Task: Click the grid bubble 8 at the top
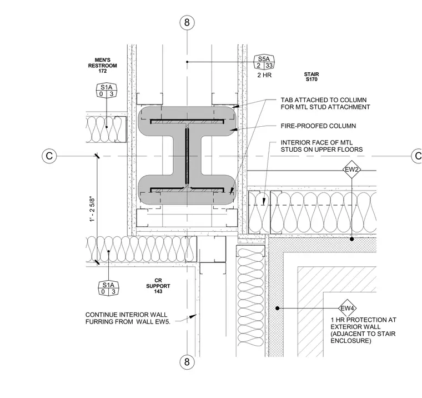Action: pyautogui.click(x=187, y=22)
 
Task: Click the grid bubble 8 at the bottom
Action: pyautogui.click(x=187, y=362)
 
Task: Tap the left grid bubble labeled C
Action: pyautogui.click(x=49, y=156)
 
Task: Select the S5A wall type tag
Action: pyautogui.click(x=264, y=62)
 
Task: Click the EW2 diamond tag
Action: pyautogui.click(x=351, y=170)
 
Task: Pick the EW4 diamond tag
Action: pyautogui.click(x=348, y=309)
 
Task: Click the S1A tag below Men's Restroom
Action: pyautogui.click(x=107, y=91)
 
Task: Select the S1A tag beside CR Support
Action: pyautogui.click(x=108, y=288)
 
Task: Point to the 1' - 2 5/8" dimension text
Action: pyautogui.click(x=92, y=210)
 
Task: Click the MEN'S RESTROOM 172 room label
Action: pyautogui.click(x=103, y=66)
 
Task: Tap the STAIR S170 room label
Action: pyautogui.click(x=312, y=77)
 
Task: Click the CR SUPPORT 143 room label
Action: pyautogui.click(x=158, y=286)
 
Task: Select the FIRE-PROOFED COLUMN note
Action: pyautogui.click(x=318, y=126)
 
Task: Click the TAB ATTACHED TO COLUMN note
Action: pyautogui.click(x=325, y=103)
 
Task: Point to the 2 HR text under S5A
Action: pyautogui.click(x=264, y=75)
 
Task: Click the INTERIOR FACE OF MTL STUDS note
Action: pyautogui.click(x=321, y=146)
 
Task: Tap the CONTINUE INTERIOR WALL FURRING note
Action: pyautogui.click(x=128, y=319)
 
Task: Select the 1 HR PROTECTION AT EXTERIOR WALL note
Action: pyautogui.click(x=363, y=330)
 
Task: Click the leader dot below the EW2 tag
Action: pyautogui.click(x=351, y=239)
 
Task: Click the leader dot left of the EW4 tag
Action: pyautogui.click(x=278, y=308)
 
